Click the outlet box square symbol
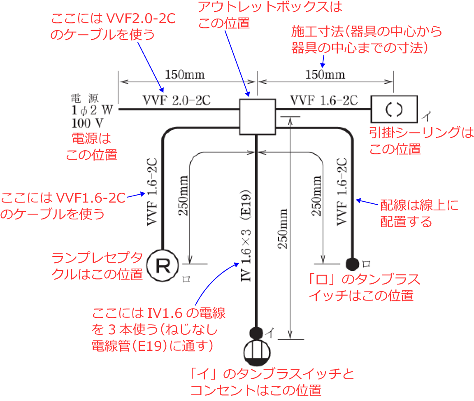(x=257, y=117)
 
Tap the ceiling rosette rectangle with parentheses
(x=394, y=109)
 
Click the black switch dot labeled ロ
(x=352, y=263)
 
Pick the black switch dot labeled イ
(x=256, y=332)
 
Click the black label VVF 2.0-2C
(x=177, y=100)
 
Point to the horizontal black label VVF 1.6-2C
(x=324, y=100)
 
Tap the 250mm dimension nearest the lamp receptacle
(x=184, y=196)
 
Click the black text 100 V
(x=87, y=122)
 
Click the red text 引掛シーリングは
(x=421, y=133)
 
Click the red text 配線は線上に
(x=419, y=205)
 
